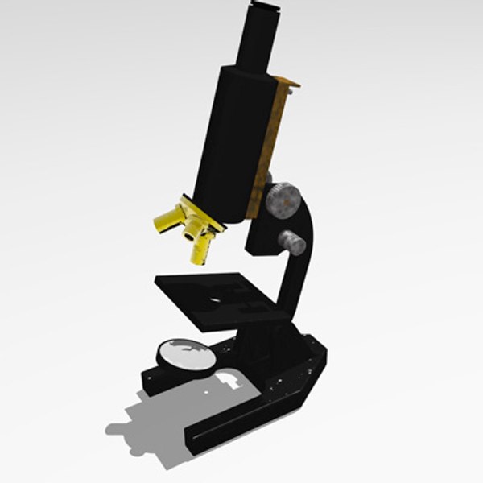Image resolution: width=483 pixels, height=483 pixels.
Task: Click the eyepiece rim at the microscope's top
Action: pyautogui.click(x=265, y=6)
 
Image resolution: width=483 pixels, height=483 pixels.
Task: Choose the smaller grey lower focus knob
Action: pyautogui.click(x=292, y=242)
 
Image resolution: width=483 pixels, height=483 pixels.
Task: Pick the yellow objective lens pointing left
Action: pyautogui.click(x=167, y=219)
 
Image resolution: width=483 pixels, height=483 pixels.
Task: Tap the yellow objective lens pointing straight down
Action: pyautogui.click(x=200, y=251)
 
